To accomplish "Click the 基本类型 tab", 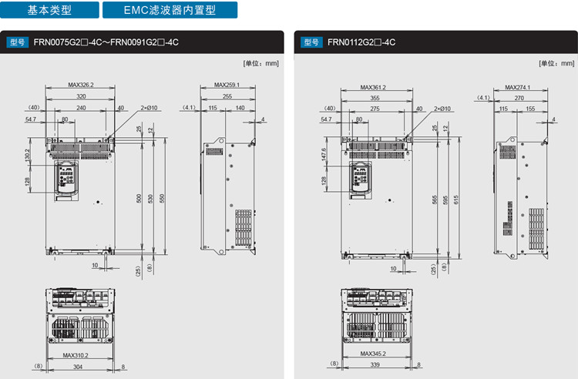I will tap(49, 11).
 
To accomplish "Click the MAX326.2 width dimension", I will tap(80, 85).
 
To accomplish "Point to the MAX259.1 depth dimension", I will tap(227, 85).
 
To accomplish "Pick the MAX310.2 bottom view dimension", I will tap(76, 355).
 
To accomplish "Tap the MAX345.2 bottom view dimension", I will tap(373, 354).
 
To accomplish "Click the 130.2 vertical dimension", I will tap(28, 156).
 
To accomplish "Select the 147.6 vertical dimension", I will tap(324, 154).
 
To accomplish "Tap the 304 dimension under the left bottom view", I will tap(78, 367).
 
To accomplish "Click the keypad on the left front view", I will tap(66, 179).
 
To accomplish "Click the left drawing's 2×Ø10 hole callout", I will tap(149, 109).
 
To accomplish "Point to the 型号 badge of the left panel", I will tap(18, 42).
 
